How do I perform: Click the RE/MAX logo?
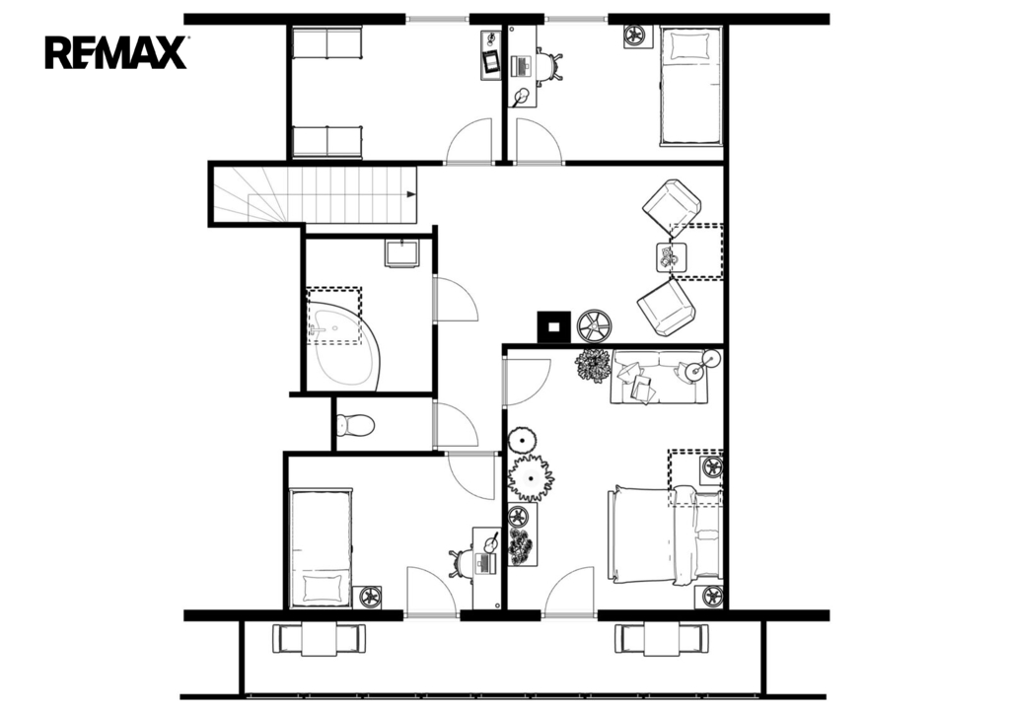point(116,52)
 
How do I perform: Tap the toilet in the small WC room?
point(355,424)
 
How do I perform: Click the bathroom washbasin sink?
point(402,252)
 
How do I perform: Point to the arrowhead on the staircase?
point(411,194)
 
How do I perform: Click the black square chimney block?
point(554,326)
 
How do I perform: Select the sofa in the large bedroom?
point(658,378)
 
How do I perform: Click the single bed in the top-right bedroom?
point(690,86)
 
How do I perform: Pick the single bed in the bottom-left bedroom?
point(321,548)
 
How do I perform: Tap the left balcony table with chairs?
point(319,639)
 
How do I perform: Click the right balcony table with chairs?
point(662,639)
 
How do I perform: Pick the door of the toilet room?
point(457,424)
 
